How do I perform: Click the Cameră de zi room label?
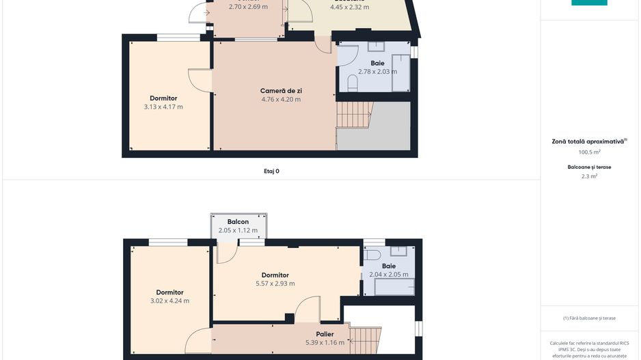(281, 91)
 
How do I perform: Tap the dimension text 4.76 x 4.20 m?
(281, 100)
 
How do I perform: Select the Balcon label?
(238, 222)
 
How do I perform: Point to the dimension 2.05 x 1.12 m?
(238, 231)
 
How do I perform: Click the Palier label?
(325, 334)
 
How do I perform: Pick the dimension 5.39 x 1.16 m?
(325, 343)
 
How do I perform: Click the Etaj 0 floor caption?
(271, 171)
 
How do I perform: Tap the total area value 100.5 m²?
(589, 152)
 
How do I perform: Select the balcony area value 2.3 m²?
(589, 176)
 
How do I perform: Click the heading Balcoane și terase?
(589, 167)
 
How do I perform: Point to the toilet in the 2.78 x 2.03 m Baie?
(353, 83)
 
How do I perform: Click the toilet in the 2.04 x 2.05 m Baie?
(372, 255)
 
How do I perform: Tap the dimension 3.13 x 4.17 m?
(163, 107)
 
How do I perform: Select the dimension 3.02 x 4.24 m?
(169, 301)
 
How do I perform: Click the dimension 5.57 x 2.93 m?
(275, 284)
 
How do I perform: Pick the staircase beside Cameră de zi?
(354, 114)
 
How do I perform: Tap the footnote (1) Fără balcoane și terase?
(589, 318)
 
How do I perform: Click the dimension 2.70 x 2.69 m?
(248, 7)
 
